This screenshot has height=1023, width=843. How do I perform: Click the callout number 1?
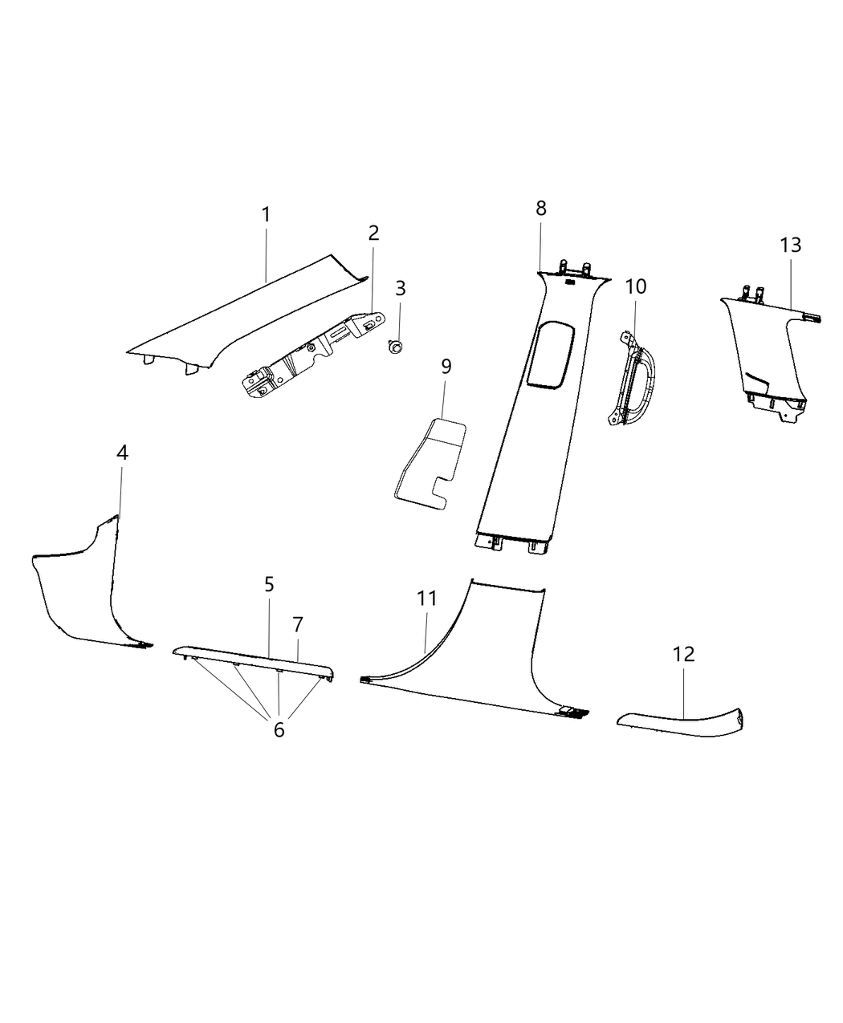[265, 215]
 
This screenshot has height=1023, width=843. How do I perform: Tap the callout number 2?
[373, 233]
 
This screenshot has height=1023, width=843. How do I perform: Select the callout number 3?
[400, 287]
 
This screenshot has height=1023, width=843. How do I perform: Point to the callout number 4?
[122, 453]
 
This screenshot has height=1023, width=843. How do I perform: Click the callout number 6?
[279, 730]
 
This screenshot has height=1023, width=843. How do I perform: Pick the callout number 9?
[446, 367]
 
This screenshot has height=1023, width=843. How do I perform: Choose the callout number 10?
[635, 286]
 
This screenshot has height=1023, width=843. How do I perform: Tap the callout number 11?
[426, 598]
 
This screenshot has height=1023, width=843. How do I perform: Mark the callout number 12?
[683, 654]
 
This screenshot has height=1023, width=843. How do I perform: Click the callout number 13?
[791, 245]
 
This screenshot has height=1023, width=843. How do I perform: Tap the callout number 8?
[541, 209]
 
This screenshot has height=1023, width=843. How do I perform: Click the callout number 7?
[298, 623]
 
